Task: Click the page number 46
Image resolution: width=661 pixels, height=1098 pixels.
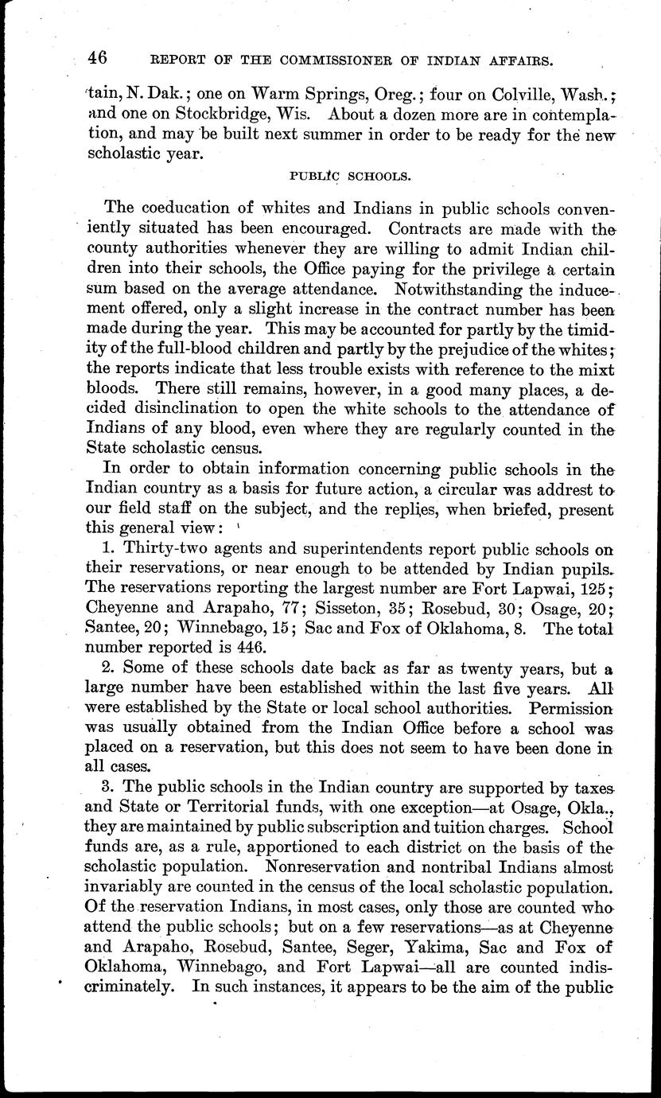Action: [x=99, y=59]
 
